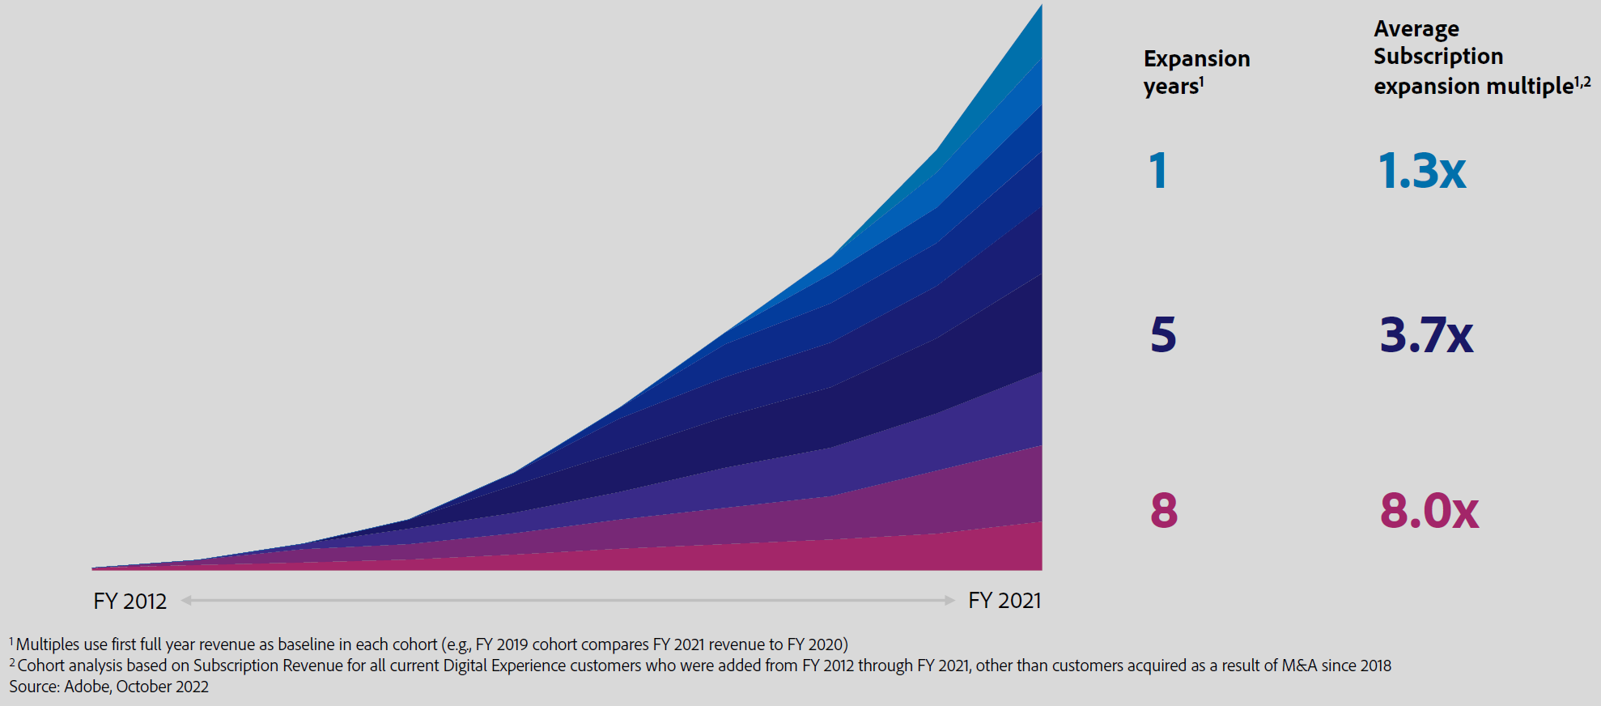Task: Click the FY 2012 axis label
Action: click(x=130, y=601)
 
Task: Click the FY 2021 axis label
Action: click(x=1004, y=601)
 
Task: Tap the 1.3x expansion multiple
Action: click(x=1421, y=171)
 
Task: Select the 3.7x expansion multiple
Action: click(x=1426, y=335)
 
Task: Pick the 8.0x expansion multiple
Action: click(x=1429, y=511)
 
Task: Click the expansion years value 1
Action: click(x=1158, y=171)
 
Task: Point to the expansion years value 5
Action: click(x=1163, y=335)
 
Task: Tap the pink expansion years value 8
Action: click(x=1164, y=511)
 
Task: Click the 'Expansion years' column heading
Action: click(x=1196, y=72)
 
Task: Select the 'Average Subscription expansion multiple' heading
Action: click(x=1481, y=57)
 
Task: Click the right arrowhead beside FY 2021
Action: click(x=949, y=601)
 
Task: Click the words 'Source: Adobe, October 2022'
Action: click(x=108, y=687)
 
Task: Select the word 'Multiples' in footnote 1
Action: click(x=48, y=644)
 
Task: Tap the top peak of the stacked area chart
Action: click(x=1040, y=8)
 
